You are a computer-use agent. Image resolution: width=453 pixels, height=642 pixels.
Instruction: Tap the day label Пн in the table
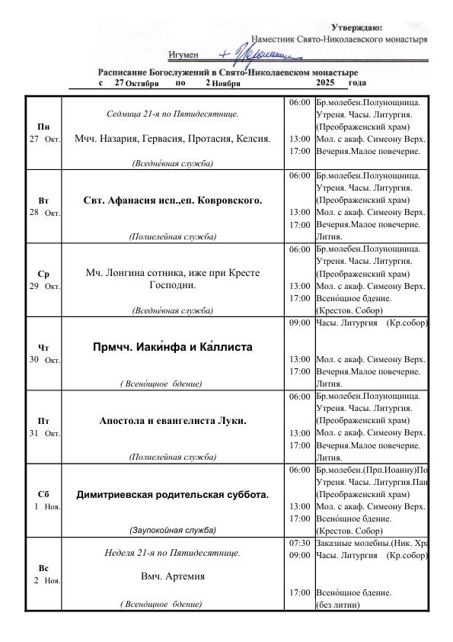point(44,127)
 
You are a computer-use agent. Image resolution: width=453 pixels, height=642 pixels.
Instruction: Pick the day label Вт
point(44,200)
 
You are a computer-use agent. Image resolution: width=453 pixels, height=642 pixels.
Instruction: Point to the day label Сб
point(44,494)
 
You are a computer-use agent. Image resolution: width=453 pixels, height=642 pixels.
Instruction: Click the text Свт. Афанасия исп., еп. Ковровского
point(172,201)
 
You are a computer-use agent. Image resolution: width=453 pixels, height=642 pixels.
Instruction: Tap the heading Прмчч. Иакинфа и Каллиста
point(172,347)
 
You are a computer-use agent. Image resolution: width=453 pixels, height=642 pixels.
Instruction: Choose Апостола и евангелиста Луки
point(172,420)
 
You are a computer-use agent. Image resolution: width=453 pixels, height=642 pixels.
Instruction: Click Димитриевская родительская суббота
point(172,494)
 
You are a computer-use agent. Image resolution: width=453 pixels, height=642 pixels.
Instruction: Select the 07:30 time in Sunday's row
point(299,543)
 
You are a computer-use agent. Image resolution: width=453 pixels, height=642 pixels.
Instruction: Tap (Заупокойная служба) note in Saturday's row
point(172,529)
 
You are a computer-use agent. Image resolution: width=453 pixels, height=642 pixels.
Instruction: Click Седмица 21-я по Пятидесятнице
point(172,114)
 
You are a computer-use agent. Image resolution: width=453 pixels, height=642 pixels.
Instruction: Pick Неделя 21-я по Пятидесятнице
point(172,552)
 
